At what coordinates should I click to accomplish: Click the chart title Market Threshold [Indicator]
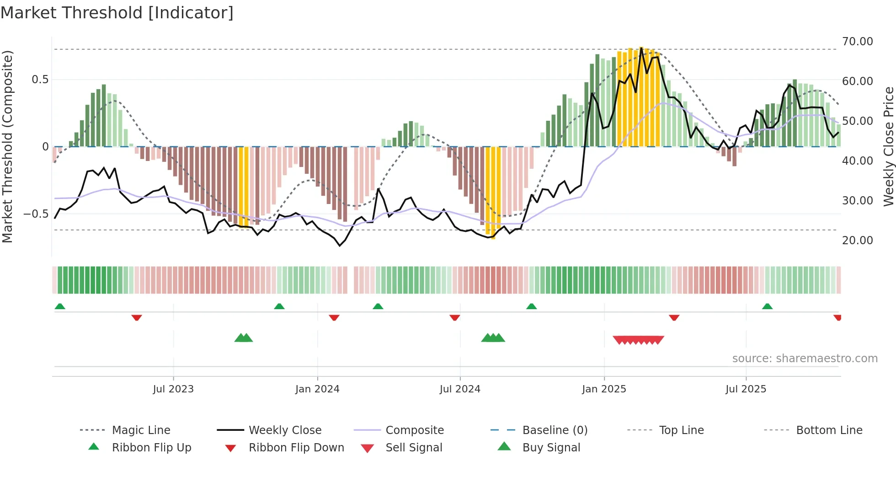point(117,13)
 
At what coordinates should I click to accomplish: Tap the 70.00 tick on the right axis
point(857,42)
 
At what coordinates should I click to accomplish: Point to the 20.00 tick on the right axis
point(857,241)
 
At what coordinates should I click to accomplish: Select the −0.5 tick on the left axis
point(36,214)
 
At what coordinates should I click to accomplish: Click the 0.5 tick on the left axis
point(40,80)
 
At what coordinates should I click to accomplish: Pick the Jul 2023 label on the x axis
point(173,389)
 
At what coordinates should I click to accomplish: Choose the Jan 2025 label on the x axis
point(604,389)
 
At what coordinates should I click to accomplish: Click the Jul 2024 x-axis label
point(460,389)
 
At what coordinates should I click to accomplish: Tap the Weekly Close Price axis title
point(888,146)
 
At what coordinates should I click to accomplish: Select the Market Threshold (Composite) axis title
point(7,146)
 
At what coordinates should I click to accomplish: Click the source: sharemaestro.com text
point(805,359)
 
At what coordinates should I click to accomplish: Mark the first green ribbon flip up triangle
point(60,306)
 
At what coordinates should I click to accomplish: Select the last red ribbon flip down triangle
point(837,317)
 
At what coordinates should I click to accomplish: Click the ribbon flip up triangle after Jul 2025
point(767,306)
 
